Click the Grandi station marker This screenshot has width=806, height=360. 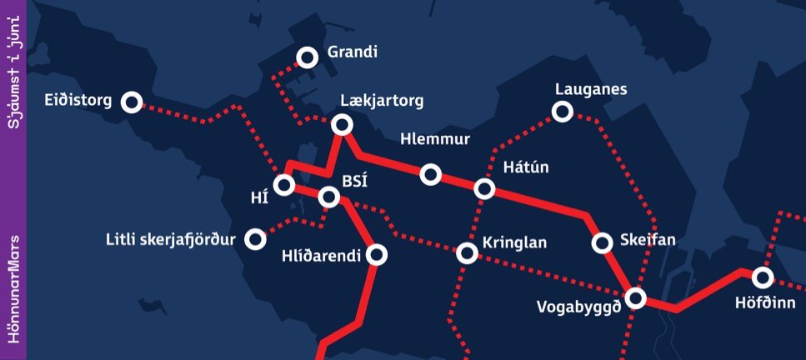308,57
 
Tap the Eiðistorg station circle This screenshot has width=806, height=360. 132,102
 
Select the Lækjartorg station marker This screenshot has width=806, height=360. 342,125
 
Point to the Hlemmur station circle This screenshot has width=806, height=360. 431,173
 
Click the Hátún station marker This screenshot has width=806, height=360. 484,188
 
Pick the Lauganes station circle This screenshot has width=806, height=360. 563,111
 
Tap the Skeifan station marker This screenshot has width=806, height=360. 602,242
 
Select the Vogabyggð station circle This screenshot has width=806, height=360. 635,297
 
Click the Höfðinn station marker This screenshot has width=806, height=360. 762,277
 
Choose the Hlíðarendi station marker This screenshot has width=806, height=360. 377,255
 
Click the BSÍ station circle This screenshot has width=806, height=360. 329,197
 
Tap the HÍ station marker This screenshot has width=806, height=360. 285,184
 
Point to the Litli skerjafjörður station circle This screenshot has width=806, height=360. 256,240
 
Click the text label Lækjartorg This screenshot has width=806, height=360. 382,101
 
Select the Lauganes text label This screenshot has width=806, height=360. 591,88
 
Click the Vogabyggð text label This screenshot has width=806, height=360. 579,306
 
